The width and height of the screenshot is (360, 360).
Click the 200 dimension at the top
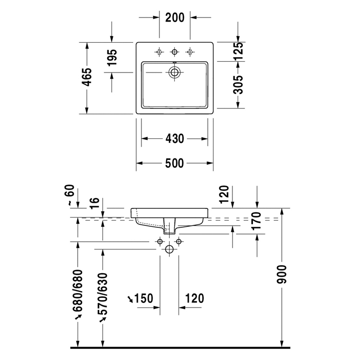coord(175,17)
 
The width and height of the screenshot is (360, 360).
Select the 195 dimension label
coord(113,58)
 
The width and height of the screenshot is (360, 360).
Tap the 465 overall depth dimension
coord(87,77)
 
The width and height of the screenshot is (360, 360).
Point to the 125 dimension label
coord(238,51)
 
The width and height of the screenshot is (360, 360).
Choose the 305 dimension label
coord(238,84)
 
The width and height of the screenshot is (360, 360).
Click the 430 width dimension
coord(175,139)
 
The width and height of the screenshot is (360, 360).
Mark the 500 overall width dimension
coord(175,164)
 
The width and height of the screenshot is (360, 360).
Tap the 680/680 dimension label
coord(78,291)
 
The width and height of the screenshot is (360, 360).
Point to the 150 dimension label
coord(143,298)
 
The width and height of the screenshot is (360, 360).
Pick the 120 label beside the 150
coord(194,298)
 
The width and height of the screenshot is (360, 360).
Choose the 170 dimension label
coord(257,220)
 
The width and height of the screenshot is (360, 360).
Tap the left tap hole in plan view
coord(159,51)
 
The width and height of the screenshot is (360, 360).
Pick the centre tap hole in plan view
coord(175,51)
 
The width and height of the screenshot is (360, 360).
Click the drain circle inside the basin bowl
coord(175,72)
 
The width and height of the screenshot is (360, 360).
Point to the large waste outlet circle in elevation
coord(170,249)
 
